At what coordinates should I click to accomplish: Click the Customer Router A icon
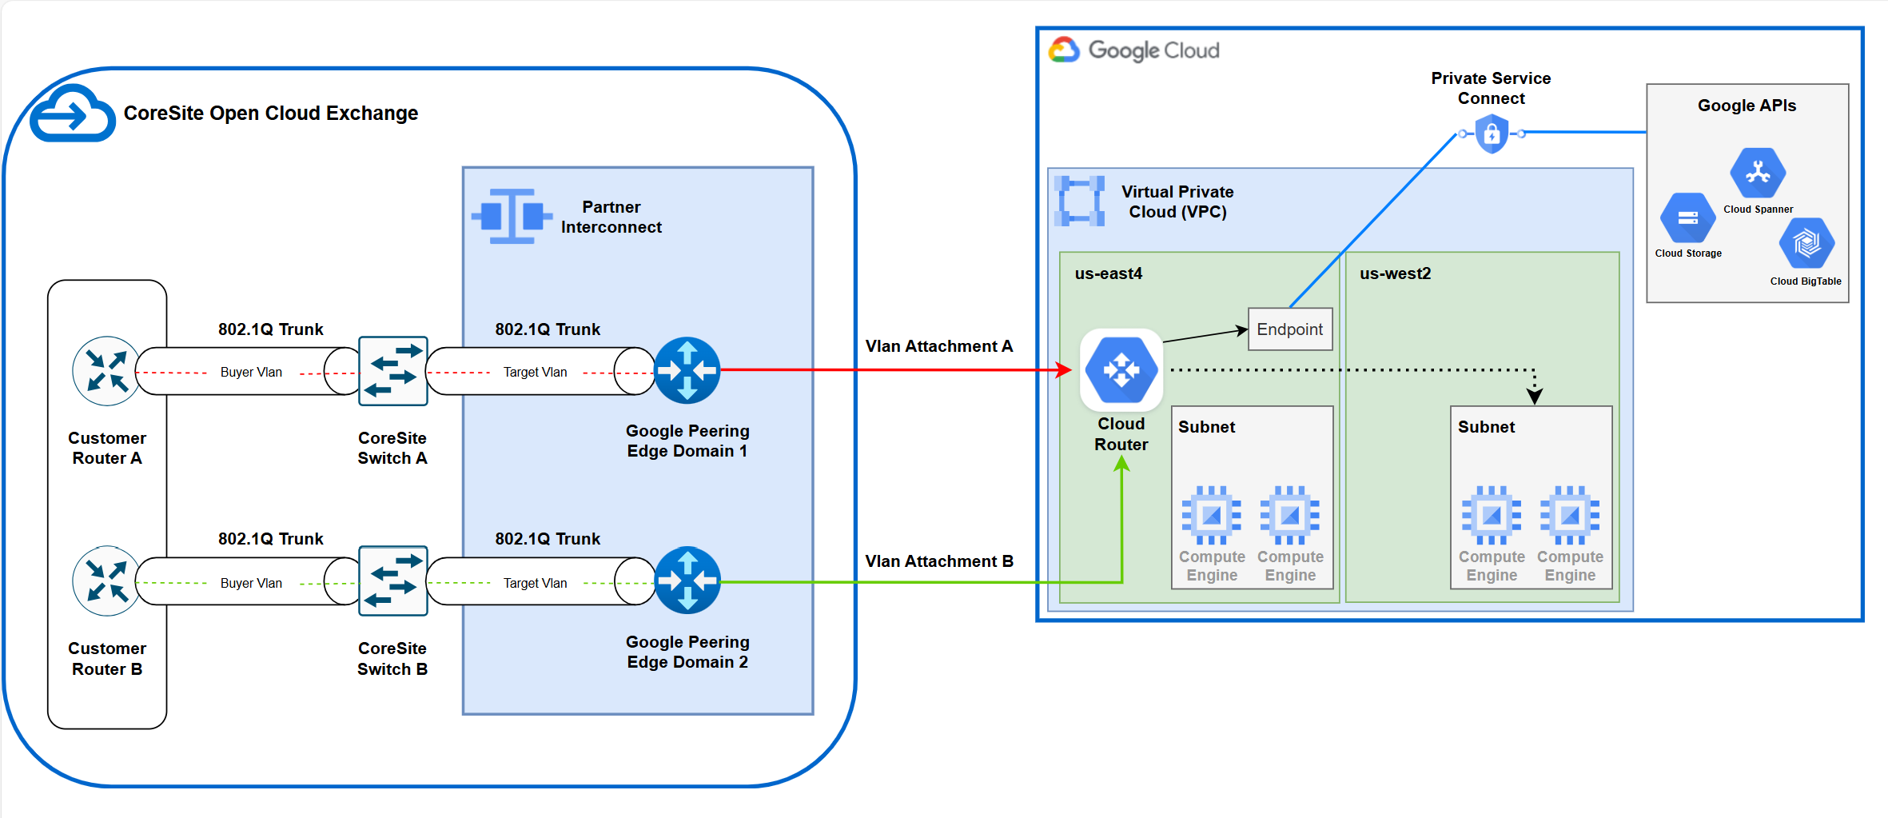[x=106, y=371]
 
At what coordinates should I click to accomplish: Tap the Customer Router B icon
[x=106, y=581]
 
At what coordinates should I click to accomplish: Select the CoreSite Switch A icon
[x=392, y=371]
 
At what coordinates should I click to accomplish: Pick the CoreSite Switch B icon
[x=392, y=581]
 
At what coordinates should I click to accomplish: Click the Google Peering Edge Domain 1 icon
[x=687, y=370]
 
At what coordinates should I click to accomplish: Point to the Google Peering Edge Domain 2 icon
[x=687, y=581]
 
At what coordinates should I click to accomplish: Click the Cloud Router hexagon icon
[x=1121, y=370]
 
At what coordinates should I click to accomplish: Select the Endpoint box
[x=1290, y=329]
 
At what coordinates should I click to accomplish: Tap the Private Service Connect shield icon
[x=1492, y=134]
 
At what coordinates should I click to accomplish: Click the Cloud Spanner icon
[x=1758, y=173]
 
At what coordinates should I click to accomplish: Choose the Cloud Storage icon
[x=1687, y=217]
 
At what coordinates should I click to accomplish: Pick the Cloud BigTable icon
[x=1806, y=243]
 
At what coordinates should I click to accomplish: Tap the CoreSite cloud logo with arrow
[x=72, y=114]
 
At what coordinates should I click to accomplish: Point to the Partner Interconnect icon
[x=512, y=216]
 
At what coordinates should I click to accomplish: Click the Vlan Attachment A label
[x=939, y=346]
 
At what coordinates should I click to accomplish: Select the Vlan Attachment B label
[x=939, y=561]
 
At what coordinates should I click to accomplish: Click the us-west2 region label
[x=1396, y=273]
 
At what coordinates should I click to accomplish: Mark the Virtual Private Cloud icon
[x=1079, y=202]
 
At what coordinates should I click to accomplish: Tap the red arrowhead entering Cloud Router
[x=1064, y=370]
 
